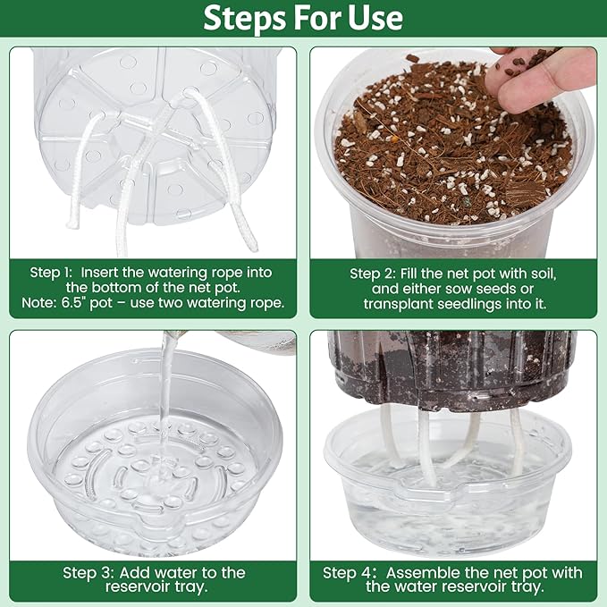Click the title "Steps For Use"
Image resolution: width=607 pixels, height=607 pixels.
point(303,18)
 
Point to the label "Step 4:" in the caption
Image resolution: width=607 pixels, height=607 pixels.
point(348,572)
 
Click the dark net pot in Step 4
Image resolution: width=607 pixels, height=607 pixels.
point(451,367)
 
